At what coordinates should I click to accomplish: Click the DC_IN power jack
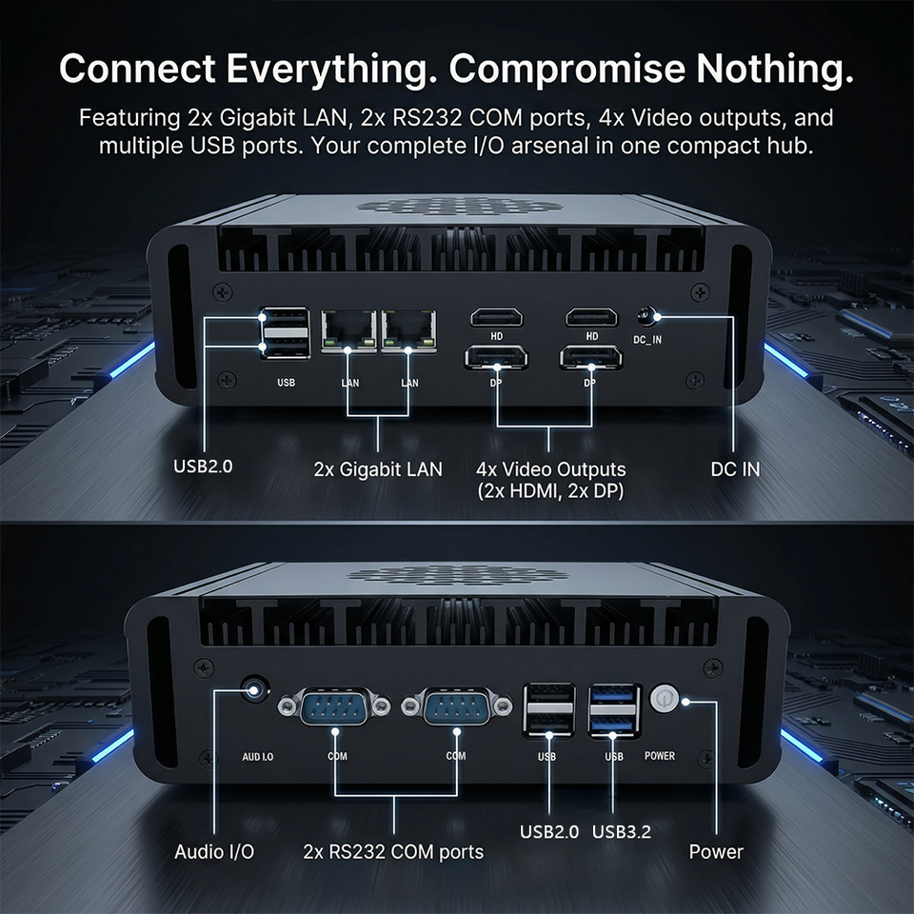(x=646, y=317)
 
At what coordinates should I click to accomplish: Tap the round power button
(x=664, y=698)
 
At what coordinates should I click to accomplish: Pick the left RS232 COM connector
(x=334, y=706)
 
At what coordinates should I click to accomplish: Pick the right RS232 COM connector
(x=457, y=706)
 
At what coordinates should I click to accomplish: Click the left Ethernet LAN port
(x=348, y=330)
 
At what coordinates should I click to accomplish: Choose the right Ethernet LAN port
(x=409, y=330)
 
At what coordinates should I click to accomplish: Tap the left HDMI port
(x=497, y=318)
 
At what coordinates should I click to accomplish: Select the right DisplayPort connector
(x=590, y=357)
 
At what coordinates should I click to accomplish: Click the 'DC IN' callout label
(x=735, y=469)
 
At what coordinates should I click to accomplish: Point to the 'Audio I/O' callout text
(x=214, y=851)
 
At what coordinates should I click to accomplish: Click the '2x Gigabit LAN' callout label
(x=378, y=469)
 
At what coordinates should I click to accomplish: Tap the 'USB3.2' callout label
(x=622, y=832)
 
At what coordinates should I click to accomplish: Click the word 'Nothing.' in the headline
(x=775, y=68)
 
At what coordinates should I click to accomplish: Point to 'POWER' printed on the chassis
(x=660, y=755)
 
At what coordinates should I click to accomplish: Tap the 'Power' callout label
(x=716, y=851)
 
